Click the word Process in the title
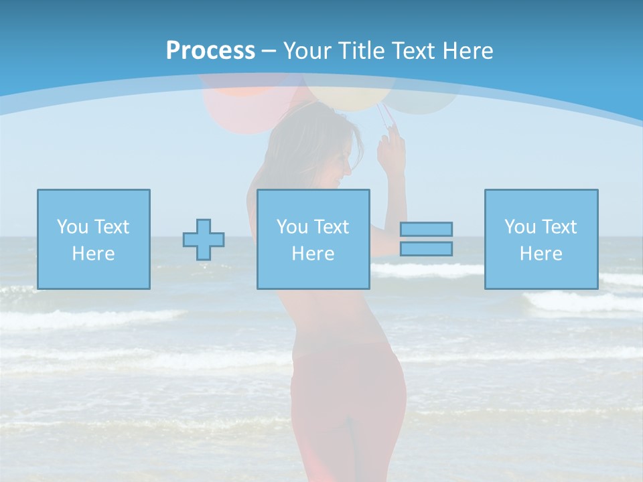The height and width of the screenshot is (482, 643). coord(210,51)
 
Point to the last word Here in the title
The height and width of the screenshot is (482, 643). coord(468,51)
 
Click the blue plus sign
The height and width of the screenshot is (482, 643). coord(204,240)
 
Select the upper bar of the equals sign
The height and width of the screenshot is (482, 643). coord(426,229)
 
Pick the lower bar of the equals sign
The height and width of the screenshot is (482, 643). coord(426,249)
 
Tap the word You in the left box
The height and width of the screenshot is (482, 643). coord(72,227)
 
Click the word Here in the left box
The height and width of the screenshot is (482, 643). coord(93,254)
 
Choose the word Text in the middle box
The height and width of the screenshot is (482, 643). coord(331,227)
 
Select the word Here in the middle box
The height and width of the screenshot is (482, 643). coord(313,254)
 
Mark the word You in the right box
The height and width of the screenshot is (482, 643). coord(520,227)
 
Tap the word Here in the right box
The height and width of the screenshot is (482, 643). coord(541,254)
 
